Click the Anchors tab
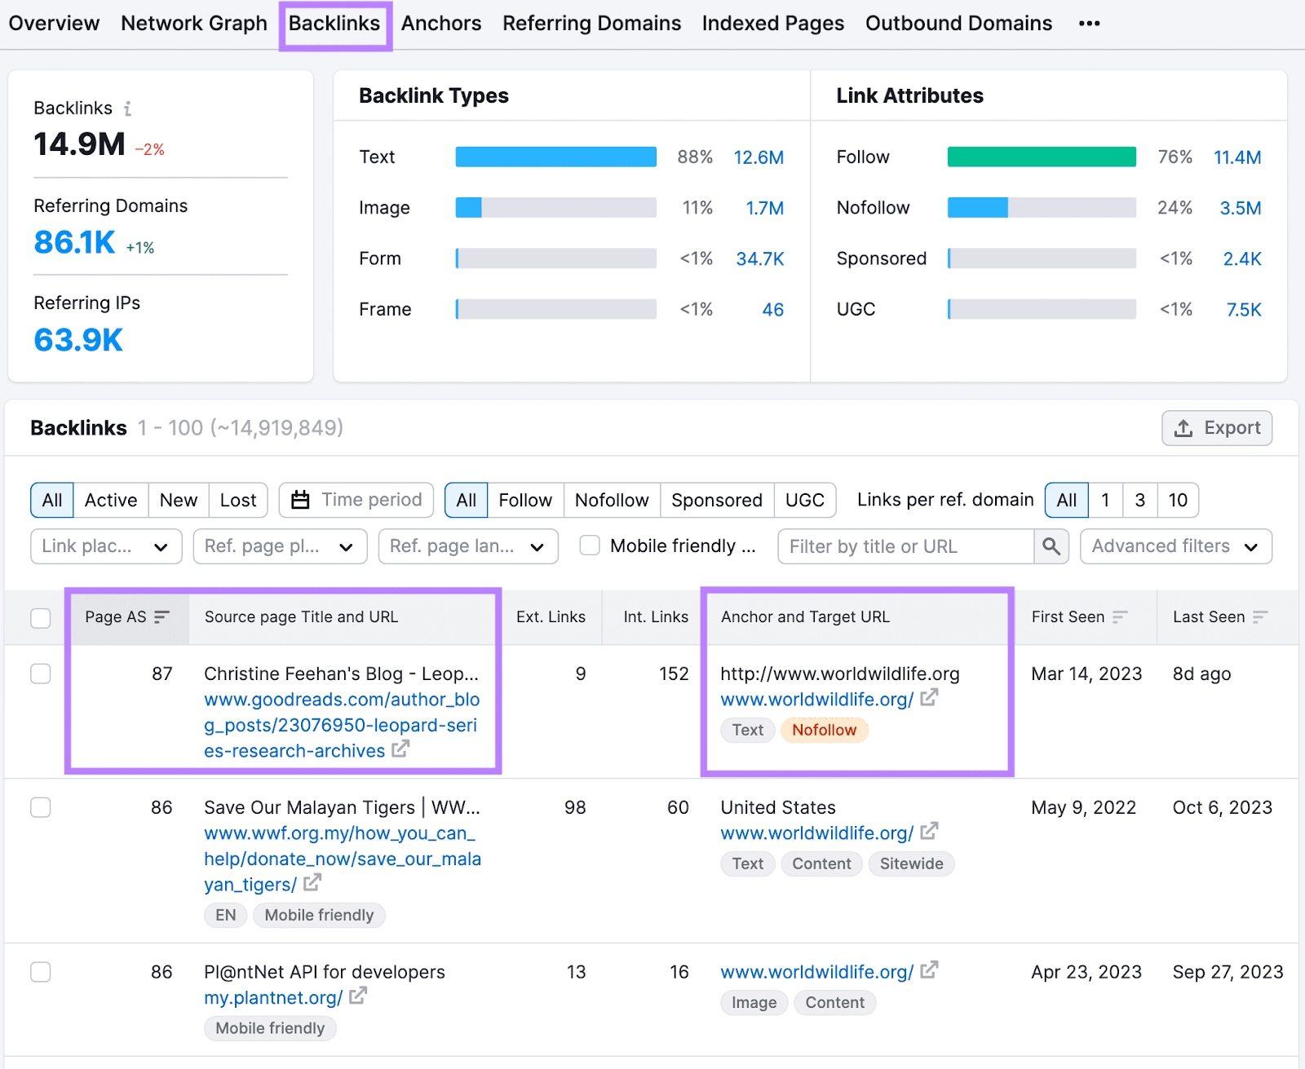pyautogui.click(x=440, y=24)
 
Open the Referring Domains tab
pyautogui.click(x=591, y=24)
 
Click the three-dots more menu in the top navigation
pyautogui.click(x=1089, y=24)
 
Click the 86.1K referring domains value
pyautogui.click(x=74, y=242)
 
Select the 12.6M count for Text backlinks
pyautogui.click(x=758, y=157)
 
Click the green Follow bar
pyautogui.click(x=1041, y=157)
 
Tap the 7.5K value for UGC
pyautogui.click(x=1243, y=310)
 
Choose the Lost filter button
pyautogui.click(x=237, y=500)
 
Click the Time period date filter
pyautogui.click(x=356, y=500)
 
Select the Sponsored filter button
pyautogui.click(x=716, y=500)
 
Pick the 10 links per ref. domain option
pyautogui.click(x=1177, y=500)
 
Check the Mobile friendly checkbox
pyautogui.click(x=589, y=546)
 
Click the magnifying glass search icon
pyautogui.click(x=1051, y=546)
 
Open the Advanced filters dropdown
pyautogui.click(x=1175, y=546)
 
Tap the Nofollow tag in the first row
pyautogui.click(x=824, y=730)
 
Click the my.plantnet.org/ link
pyautogui.click(x=273, y=998)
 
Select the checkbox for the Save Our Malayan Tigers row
pyautogui.click(x=41, y=807)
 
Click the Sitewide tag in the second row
pyautogui.click(x=911, y=864)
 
